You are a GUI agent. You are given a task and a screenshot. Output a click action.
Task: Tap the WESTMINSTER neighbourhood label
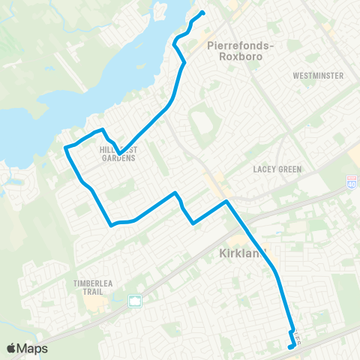click(319, 76)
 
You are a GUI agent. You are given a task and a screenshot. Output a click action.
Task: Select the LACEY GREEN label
click(277, 169)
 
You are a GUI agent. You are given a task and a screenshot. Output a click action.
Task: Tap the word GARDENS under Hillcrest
click(117, 158)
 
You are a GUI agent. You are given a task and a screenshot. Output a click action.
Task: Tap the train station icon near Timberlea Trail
click(136, 301)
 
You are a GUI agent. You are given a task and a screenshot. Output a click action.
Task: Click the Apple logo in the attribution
click(12, 349)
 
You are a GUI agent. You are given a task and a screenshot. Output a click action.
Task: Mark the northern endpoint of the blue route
click(204, 12)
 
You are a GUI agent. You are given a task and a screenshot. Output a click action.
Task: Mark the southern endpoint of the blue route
click(289, 347)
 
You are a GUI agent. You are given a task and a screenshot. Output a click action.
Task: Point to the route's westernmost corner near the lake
click(65, 148)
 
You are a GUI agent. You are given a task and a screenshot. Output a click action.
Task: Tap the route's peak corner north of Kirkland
click(226, 201)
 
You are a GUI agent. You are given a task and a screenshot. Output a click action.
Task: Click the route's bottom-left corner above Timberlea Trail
click(111, 224)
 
